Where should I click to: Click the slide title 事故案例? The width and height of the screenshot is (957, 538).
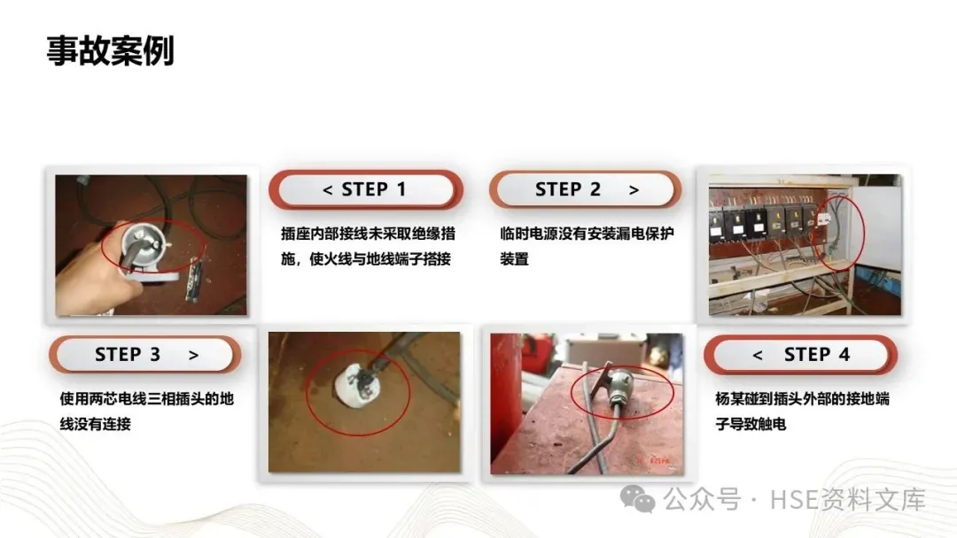(x=111, y=50)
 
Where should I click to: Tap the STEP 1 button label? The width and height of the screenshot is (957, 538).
(x=373, y=189)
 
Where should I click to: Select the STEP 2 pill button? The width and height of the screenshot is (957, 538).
(x=586, y=189)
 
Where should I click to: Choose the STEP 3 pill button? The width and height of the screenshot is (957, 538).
(x=144, y=355)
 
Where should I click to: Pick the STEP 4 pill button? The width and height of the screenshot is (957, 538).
(x=800, y=355)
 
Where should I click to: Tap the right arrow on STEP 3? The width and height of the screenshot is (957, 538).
(x=193, y=356)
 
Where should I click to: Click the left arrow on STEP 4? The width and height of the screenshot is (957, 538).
(x=758, y=356)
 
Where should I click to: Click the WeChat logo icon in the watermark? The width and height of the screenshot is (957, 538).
(x=638, y=500)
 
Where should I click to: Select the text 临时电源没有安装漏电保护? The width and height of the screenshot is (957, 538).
(x=587, y=234)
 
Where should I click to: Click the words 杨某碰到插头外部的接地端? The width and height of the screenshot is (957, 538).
(x=802, y=399)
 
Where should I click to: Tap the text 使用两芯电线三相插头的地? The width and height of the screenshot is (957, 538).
(x=146, y=399)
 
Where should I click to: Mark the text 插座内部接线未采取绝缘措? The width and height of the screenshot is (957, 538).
(x=368, y=234)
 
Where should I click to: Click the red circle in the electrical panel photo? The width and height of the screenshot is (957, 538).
(x=864, y=234)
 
